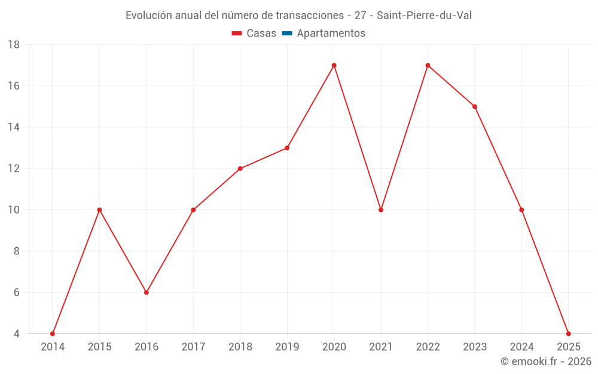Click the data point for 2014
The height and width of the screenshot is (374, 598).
coord(53,334)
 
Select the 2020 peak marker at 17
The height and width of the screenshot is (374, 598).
coord(334,65)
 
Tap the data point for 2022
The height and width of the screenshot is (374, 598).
coord(428,65)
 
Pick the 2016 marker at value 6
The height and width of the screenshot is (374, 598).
coord(147,293)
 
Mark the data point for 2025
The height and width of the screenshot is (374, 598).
coord(568,334)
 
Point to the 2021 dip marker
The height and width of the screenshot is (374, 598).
coord(381,210)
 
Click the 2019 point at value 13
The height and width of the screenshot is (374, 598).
coord(287,148)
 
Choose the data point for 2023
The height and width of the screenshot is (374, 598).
coord(475,107)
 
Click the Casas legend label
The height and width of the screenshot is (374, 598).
coord(261,34)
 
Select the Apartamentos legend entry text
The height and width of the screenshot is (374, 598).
coord(331,34)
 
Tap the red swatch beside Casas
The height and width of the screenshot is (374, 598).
coord(237,34)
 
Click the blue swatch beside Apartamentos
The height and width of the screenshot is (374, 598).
coord(287,34)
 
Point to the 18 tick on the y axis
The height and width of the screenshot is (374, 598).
coord(14,45)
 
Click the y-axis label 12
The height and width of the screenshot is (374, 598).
coord(14,169)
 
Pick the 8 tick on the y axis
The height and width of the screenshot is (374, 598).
coord(17,251)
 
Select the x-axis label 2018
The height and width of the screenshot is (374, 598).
coord(240,347)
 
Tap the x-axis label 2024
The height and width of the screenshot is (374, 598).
coord(521,347)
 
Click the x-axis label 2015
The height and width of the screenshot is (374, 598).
coord(99,347)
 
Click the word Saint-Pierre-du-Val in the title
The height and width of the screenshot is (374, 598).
coord(424,16)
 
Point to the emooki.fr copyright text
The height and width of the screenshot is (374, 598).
coord(546,361)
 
